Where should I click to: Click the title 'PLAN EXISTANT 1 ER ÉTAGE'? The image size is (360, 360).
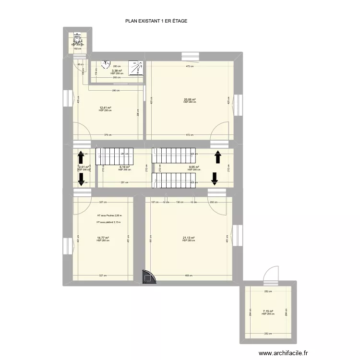(x=156, y=21)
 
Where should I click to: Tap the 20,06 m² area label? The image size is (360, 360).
(x=190, y=100)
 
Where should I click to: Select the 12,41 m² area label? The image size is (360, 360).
(x=105, y=108)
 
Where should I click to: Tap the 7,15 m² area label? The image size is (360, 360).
(x=267, y=311)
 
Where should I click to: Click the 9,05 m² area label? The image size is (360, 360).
(x=193, y=167)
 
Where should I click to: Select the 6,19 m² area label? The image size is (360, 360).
(x=124, y=167)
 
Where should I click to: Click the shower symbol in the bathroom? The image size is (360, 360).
(x=137, y=68)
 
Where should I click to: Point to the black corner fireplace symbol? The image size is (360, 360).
(x=148, y=277)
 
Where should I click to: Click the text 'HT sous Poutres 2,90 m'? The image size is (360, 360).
(x=109, y=216)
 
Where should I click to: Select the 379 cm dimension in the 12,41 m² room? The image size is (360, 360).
(x=108, y=135)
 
